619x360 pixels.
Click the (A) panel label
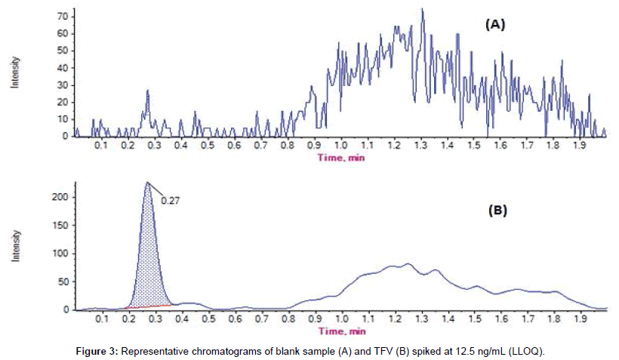pos(494,25)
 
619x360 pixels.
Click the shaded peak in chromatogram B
pos(149,257)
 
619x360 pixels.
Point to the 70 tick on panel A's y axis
pos(63,16)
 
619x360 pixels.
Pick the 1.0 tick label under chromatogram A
pos(341,145)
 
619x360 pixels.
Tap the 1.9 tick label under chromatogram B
pos(580,319)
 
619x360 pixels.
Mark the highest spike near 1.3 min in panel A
pos(422,11)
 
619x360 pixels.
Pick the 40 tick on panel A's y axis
pos(63,67)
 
